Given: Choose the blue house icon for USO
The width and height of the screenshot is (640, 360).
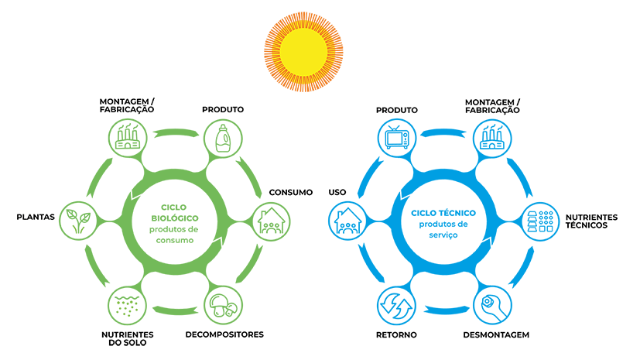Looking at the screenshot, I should click(x=347, y=222).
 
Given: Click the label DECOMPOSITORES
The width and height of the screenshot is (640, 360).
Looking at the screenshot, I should click(x=224, y=335).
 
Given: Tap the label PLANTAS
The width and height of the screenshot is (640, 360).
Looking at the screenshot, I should click(x=36, y=217).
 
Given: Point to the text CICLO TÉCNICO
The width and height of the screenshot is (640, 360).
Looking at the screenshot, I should click(x=443, y=212).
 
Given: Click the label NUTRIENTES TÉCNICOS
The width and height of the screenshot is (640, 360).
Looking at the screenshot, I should click(x=592, y=221).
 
